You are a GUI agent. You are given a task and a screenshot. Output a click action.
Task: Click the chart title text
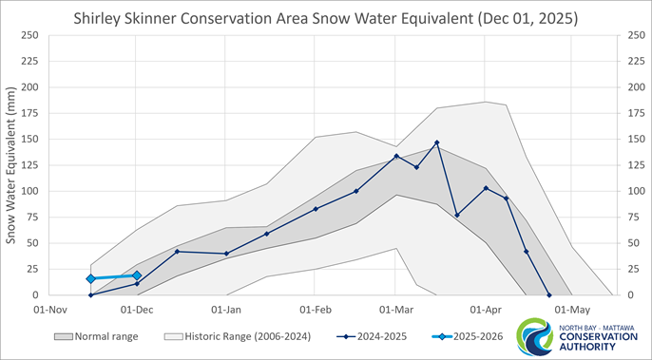tap(325, 19)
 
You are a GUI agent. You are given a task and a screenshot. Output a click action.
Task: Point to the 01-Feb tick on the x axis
tap(315, 309)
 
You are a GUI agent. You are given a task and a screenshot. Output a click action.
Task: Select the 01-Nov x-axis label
tap(49, 309)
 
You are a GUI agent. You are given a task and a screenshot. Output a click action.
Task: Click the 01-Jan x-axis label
tap(225, 309)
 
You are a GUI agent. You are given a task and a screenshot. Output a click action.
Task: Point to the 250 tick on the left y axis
tap(29, 36)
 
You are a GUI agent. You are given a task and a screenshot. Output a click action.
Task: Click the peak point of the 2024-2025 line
tap(437, 142)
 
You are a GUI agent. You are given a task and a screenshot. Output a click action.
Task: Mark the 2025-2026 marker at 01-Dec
tap(137, 275)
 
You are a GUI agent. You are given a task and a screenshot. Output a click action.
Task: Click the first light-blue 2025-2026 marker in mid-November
tap(90, 278)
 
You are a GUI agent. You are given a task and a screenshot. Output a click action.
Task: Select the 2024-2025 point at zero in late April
tap(548, 294)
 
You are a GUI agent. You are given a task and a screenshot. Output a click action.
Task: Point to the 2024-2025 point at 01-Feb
tap(316, 209)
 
